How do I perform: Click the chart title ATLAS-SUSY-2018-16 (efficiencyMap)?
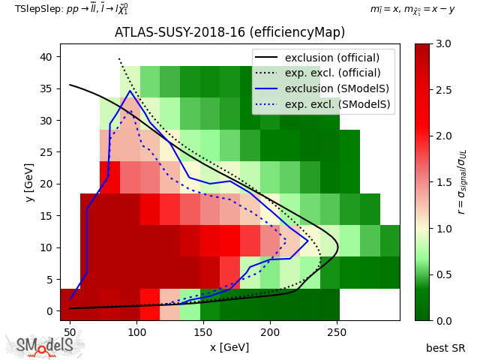coord(229,33)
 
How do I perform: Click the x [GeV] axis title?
coord(229,347)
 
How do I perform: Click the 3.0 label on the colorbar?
coord(442,44)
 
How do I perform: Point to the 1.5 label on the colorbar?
coord(442,182)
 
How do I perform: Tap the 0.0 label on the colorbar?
coord(442,320)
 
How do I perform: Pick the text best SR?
coord(445,348)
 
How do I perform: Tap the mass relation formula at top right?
coord(412,9)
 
